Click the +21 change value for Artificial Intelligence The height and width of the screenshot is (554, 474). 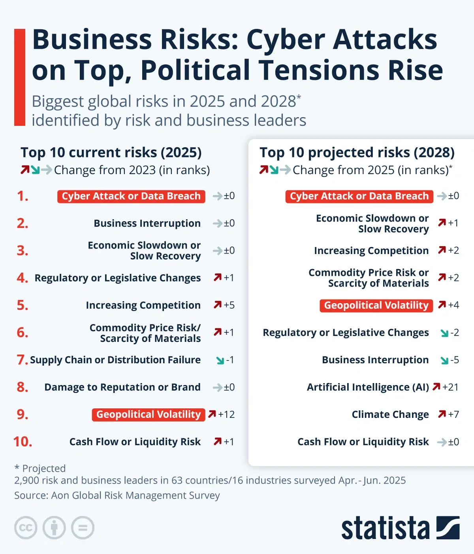coord(450,387)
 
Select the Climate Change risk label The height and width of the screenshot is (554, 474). coord(390,414)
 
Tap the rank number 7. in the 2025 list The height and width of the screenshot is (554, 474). coord(22,360)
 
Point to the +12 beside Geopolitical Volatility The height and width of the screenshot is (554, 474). coord(226,414)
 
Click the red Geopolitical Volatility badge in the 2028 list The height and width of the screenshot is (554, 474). coord(376,305)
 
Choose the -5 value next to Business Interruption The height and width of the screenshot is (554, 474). coord(454,360)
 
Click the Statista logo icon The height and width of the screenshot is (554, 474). coord(448,527)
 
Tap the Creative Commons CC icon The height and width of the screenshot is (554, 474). coord(26,528)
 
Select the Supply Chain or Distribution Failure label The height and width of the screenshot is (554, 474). coord(115,360)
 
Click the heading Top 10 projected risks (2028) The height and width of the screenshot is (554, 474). coord(357,152)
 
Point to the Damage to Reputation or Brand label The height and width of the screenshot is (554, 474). coord(122,387)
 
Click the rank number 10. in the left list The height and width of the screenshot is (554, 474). coord(23,442)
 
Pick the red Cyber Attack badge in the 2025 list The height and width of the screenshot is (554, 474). coord(131,196)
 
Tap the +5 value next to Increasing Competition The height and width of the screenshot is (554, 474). coord(229,305)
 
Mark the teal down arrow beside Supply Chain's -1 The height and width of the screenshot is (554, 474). coord(220,360)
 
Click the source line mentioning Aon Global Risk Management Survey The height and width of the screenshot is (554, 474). coord(117,495)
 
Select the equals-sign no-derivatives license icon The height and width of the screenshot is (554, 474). coord(83,528)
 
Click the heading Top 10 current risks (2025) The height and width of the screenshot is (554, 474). coord(111,152)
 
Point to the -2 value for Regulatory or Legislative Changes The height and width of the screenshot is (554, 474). coord(454,332)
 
